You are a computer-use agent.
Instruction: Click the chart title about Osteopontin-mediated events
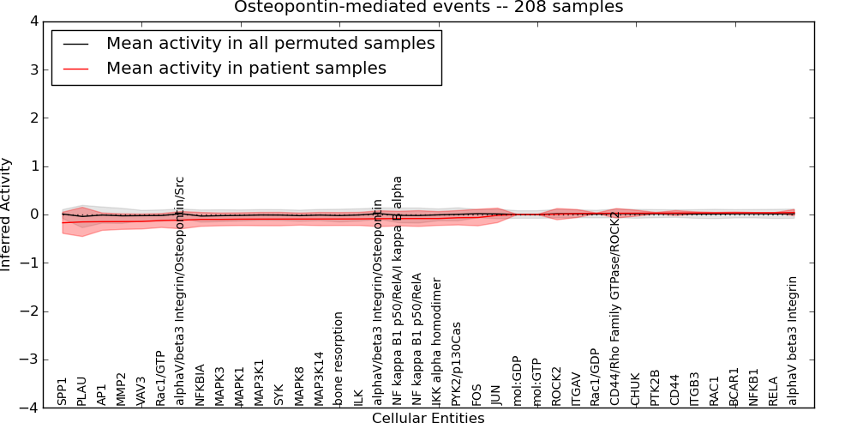coord(428,8)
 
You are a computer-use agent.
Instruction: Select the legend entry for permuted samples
coord(270,44)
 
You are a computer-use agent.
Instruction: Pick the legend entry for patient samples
coord(246,69)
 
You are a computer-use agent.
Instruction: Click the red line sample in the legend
coord(75,69)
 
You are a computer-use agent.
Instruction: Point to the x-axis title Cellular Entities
coord(428,419)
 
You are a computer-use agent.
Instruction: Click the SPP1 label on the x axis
coord(63,391)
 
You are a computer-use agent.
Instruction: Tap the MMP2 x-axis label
coord(122,389)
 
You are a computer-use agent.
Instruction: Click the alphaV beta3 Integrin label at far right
coord(793,341)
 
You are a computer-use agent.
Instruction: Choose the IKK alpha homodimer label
coord(437,341)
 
